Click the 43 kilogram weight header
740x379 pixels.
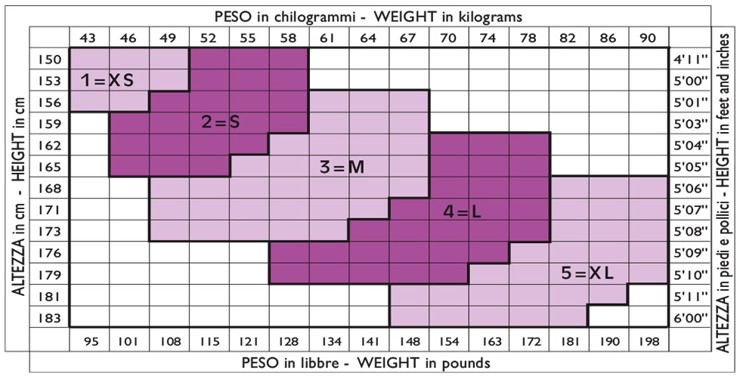(89, 37)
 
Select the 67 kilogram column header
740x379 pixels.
(408, 37)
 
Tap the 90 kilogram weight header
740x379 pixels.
(648, 37)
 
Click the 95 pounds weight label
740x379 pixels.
(89, 341)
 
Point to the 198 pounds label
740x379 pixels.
(648, 341)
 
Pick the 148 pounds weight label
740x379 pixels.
(408, 341)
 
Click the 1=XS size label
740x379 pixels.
(107, 80)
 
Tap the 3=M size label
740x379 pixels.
(342, 168)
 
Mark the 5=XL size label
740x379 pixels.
(587, 273)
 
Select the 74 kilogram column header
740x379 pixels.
(488, 37)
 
